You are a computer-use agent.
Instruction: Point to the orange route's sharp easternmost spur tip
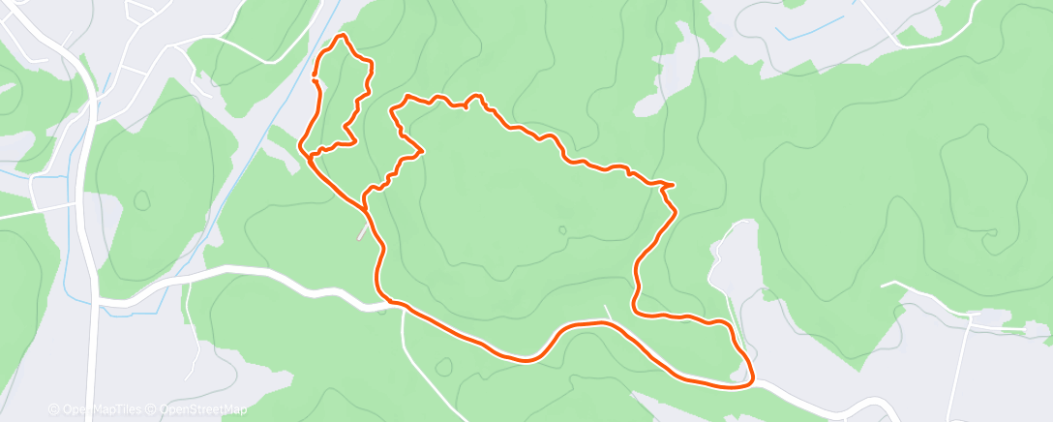(674, 184)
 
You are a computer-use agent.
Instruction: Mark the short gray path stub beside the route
(362, 232)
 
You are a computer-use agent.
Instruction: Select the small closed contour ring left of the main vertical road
(142, 200)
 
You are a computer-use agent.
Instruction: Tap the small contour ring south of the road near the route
(444, 367)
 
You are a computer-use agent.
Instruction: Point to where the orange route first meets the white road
(392, 303)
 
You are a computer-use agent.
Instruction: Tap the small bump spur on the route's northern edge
(474, 97)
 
